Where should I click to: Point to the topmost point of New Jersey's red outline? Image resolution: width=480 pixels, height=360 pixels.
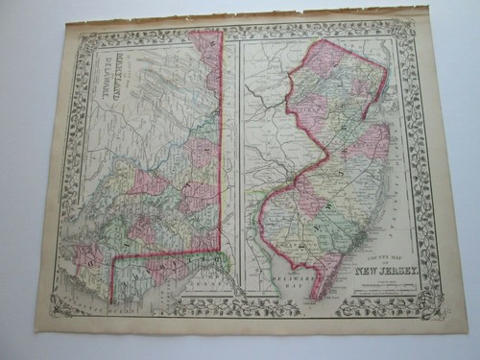pyautogui.click(x=328, y=40)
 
